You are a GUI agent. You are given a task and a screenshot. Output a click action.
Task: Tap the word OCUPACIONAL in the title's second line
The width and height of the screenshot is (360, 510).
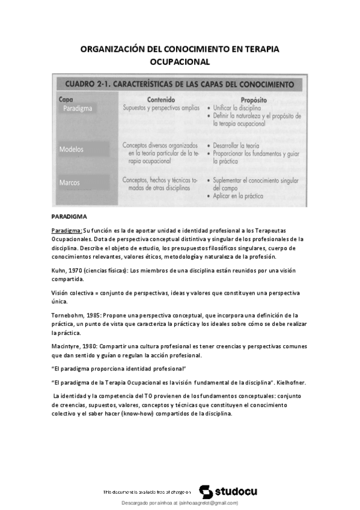(x=180, y=61)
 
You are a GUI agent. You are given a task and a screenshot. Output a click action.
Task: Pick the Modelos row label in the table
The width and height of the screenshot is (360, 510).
(x=72, y=149)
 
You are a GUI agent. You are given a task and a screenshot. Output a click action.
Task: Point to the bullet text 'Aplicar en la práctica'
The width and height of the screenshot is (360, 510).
(x=243, y=196)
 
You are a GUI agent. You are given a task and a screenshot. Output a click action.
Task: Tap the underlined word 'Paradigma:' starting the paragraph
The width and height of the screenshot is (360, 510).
(x=67, y=230)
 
